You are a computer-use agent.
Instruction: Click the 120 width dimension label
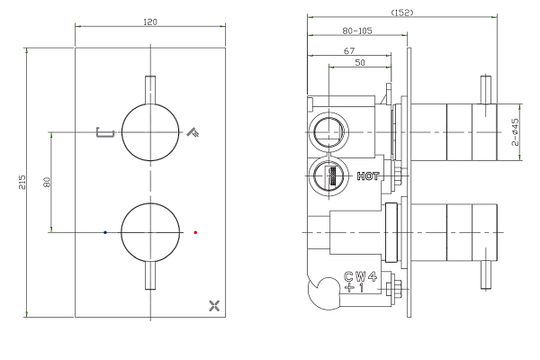(x=150, y=22)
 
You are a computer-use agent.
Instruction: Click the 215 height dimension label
(x=22, y=182)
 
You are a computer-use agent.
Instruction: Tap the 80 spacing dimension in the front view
(x=47, y=182)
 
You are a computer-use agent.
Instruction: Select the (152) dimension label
(x=402, y=13)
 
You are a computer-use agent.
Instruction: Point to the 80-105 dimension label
(x=357, y=31)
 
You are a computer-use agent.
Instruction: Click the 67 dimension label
(x=349, y=50)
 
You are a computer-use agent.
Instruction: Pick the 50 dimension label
(x=359, y=62)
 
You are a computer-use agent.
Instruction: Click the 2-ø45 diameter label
(x=515, y=132)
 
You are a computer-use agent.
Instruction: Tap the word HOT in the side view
(x=368, y=176)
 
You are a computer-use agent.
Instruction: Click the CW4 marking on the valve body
(x=361, y=276)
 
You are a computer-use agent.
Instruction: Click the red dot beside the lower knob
(x=195, y=232)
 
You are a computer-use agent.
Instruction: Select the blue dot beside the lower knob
(x=105, y=232)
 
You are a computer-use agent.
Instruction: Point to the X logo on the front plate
(x=214, y=306)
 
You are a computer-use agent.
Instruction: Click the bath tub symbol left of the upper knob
(x=105, y=132)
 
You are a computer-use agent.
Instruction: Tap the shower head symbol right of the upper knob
(x=193, y=132)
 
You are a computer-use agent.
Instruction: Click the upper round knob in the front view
(x=150, y=132)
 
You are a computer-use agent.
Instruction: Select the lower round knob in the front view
(x=150, y=232)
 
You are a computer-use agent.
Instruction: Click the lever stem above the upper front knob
(x=150, y=90)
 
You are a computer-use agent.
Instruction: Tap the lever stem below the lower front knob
(x=150, y=275)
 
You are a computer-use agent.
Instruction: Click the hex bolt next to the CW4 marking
(x=393, y=289)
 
